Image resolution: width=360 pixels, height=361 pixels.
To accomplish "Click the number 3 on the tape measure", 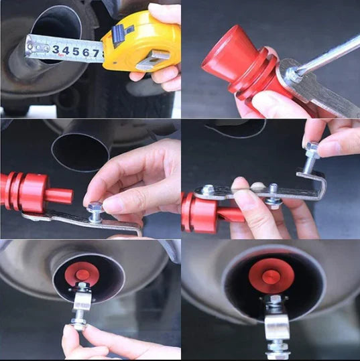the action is [x=56, y=50].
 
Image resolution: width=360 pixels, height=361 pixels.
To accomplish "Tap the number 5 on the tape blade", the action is [x=76, y=52].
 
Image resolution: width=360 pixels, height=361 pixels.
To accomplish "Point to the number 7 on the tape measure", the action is [x=96, y=54].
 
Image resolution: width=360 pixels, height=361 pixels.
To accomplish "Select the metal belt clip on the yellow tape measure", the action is [x=153, y=60].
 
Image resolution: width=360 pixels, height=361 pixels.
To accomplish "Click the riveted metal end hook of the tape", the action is [x=37, y=48].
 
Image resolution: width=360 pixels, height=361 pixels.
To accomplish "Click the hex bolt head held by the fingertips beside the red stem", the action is [x=95, y=207].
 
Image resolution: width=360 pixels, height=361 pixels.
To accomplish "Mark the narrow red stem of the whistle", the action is [x=60, y=196].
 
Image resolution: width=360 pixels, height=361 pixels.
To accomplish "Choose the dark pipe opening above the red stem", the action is [x=80, y=153].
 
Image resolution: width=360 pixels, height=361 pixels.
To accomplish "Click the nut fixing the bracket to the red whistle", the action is [x=207, y=190].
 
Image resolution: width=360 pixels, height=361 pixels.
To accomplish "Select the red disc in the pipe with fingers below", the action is [x=82, y=274].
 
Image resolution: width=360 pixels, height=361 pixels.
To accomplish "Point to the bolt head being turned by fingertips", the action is [x=78, y=321].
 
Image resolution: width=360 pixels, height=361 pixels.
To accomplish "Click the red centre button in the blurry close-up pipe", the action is [x=271, y=277].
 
